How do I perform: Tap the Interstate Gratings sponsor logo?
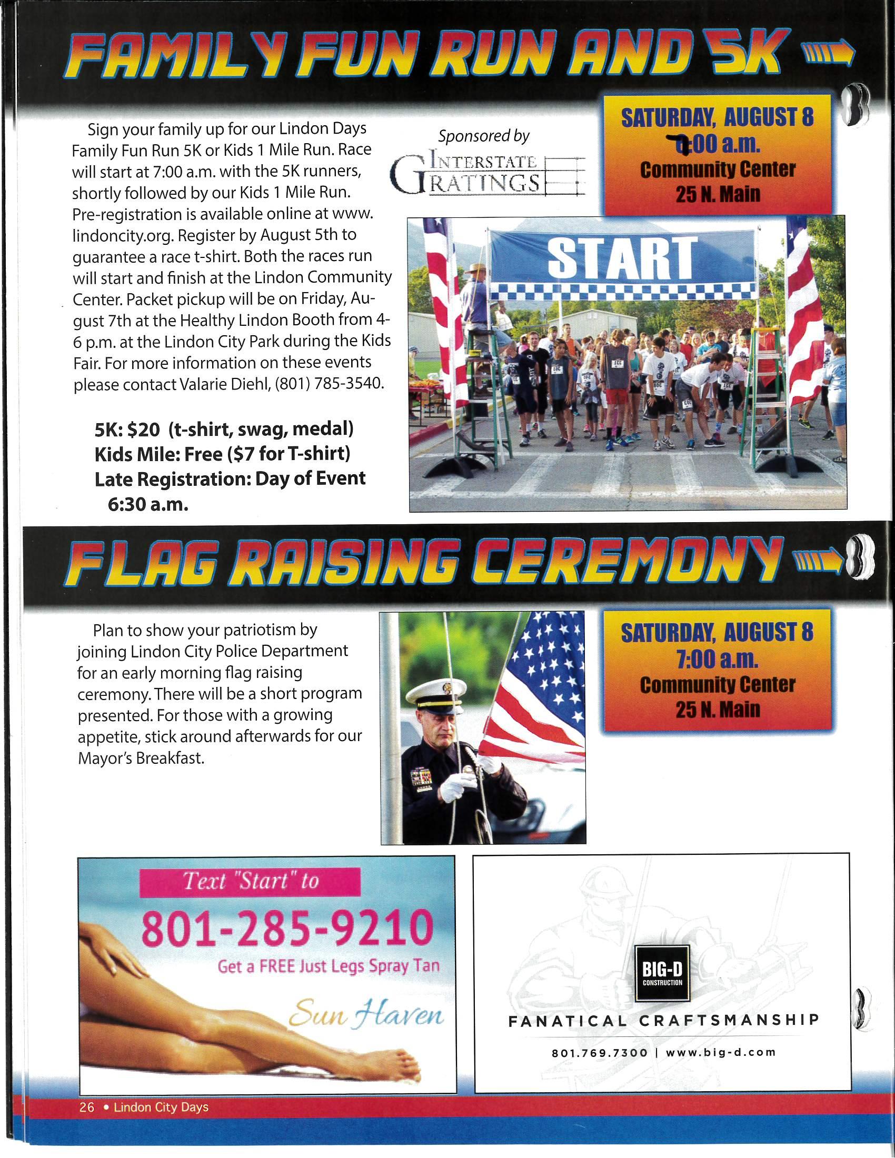(487, 174)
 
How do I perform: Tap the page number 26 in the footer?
(86, 1107)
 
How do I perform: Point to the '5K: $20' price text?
(127, 429)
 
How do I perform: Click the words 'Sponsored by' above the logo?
(483, 136)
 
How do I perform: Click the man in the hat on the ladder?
(476, 302)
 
